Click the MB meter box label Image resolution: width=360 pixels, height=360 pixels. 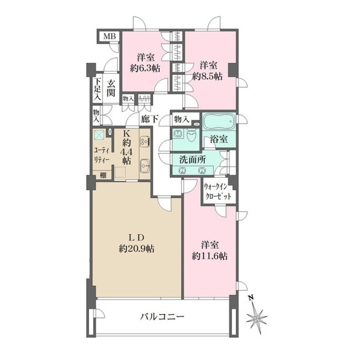pos(109,36)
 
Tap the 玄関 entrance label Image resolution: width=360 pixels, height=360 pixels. pos(110,89)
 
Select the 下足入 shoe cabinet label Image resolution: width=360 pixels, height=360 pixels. pos(97,89)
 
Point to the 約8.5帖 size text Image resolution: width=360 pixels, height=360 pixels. pos(208,76)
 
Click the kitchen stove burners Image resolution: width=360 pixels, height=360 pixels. pos(144,141)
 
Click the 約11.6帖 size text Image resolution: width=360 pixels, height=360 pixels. pos(210,256)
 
